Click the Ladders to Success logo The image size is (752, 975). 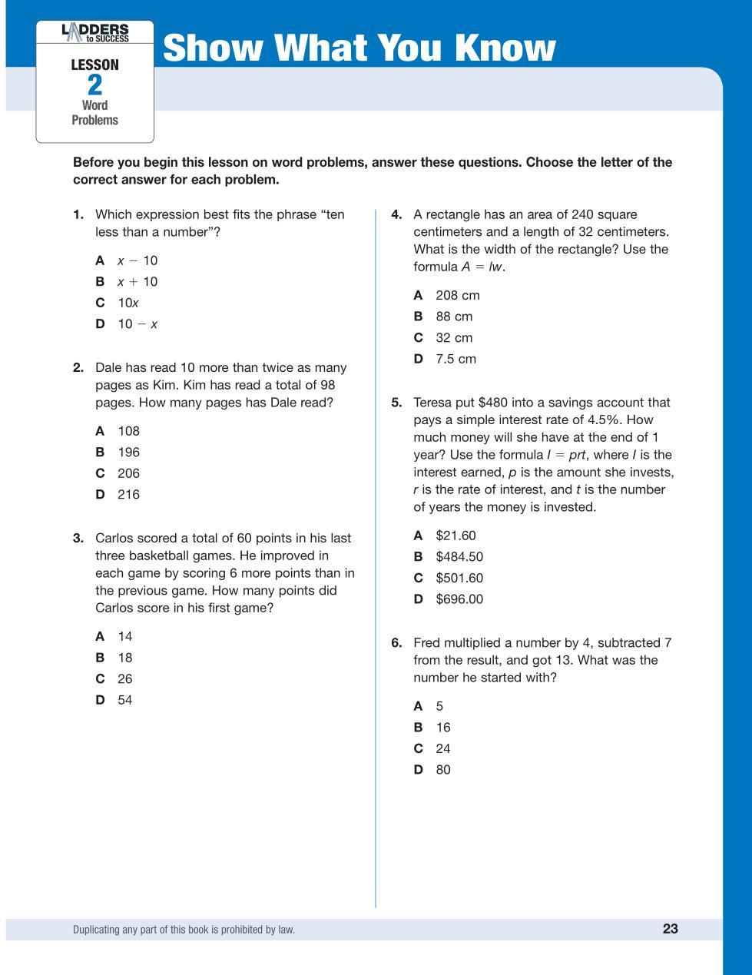[94, 33]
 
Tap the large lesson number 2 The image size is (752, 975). [94, 85]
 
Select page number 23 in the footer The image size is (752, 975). [670, 928]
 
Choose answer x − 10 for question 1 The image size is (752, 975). [137, 260]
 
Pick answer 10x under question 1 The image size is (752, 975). [128, 303]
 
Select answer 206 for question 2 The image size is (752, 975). [128, 473]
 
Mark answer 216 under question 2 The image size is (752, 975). [128, 494]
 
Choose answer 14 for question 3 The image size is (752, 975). [124, 636]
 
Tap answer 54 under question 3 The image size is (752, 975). [124, 700]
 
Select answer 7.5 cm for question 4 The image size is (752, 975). [456, 359]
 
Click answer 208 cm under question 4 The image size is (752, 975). [457, 295]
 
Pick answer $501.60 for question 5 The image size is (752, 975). [459, 578]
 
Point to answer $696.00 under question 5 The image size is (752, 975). [459, 599]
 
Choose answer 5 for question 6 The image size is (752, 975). [439, 706]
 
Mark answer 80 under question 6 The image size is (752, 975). [443, 770]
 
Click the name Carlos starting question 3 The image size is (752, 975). [114, 538]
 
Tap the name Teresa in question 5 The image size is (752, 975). [434, 403]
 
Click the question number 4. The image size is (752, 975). [396, 214]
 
